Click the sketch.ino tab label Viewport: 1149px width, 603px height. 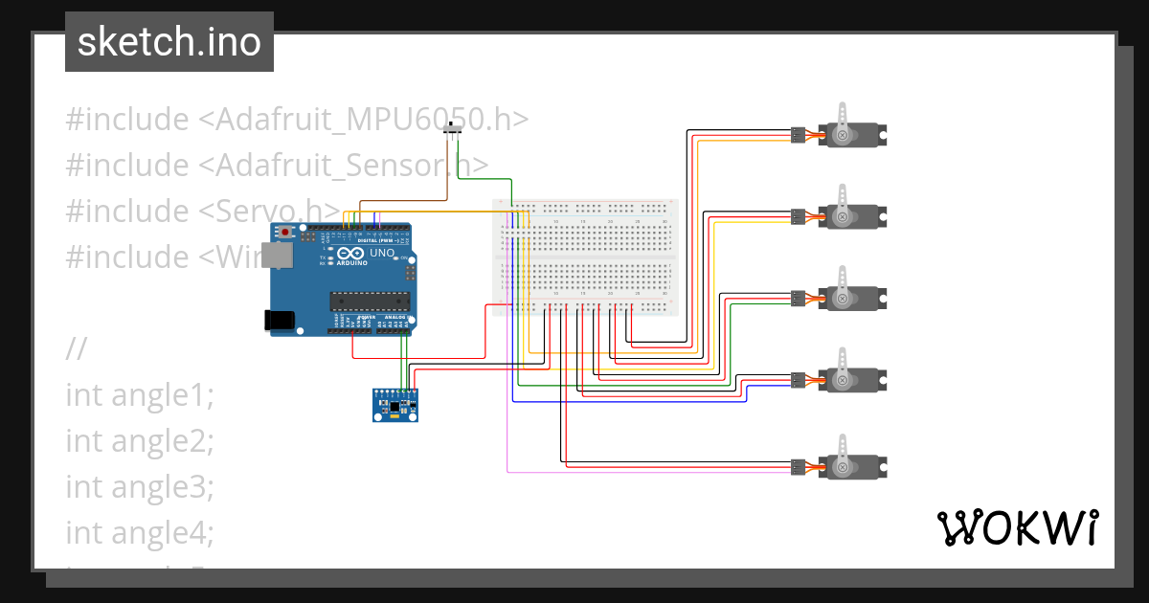[169, 42]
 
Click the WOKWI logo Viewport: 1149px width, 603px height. [1017, 527]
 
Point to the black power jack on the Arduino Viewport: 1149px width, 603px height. [281, 321]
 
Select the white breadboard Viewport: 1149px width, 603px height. [585, 257]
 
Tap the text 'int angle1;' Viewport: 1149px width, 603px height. [140, 394]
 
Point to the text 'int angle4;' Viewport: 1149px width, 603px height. [140, 531]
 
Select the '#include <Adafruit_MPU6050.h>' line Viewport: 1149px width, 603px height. [297, 120]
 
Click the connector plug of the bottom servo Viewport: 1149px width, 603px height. [798, 467]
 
